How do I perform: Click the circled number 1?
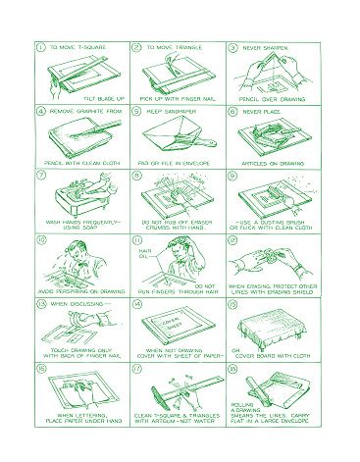pos(39,46)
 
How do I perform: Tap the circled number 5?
pos(136,111)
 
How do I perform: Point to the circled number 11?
pos(136,239)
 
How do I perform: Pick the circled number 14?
pos(136,304)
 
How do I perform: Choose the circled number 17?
pos(136,369)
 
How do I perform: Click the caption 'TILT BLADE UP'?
pos(102,98)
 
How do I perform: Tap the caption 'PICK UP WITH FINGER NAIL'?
pos(179,98)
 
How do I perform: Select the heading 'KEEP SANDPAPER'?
pos(170,111)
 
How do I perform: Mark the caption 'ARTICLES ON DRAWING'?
pos(275,162)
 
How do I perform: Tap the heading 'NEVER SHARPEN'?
pos(265,46)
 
